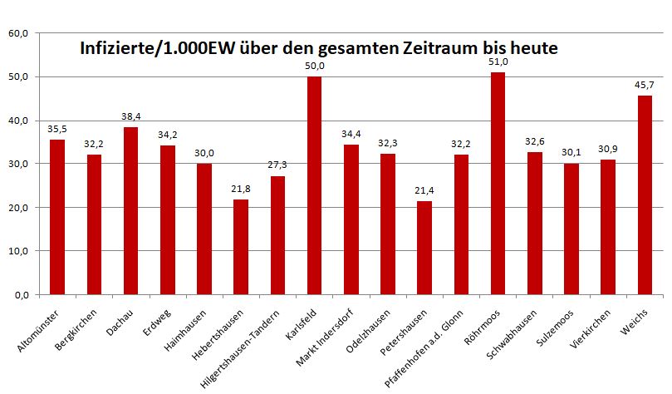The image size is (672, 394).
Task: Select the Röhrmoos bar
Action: (x=498, y=183)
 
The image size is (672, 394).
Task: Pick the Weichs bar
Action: (x=645, y=195)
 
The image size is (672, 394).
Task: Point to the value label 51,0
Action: (x=498, y=62)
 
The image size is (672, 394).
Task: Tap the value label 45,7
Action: (x=645, y=85)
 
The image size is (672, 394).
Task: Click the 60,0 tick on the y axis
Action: (x=18, y=34)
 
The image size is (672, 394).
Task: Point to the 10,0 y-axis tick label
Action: (x=18, y=251)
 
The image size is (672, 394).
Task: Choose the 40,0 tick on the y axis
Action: (x=18, y=121)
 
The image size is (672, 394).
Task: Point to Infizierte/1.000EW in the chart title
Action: (x=155, y=49)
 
